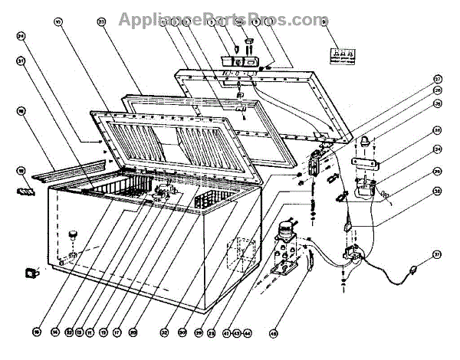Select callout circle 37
click(436, 254)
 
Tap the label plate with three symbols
click(336, 54)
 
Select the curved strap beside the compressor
click(313, 263)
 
